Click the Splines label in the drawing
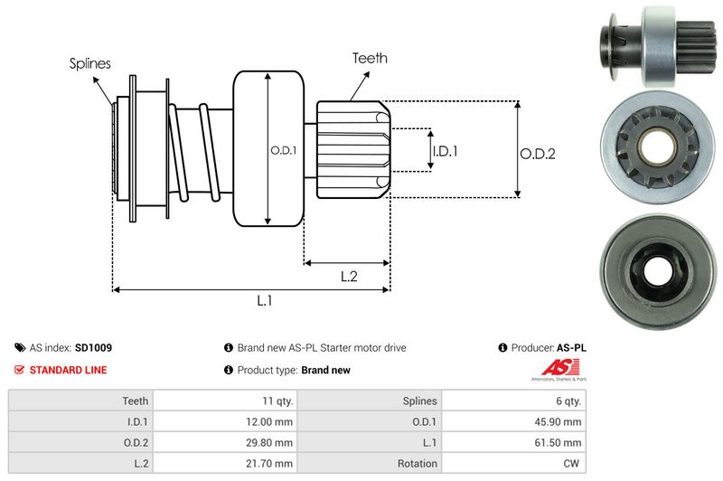pos(90,63)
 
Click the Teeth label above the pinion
pos(370,58)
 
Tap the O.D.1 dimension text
pos(282,150)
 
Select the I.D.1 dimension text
pos(445,152)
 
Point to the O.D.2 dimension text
pos(537,154)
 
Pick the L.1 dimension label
pos(265,301)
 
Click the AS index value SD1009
pos(94,347)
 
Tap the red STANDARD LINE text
pos(68,370)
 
